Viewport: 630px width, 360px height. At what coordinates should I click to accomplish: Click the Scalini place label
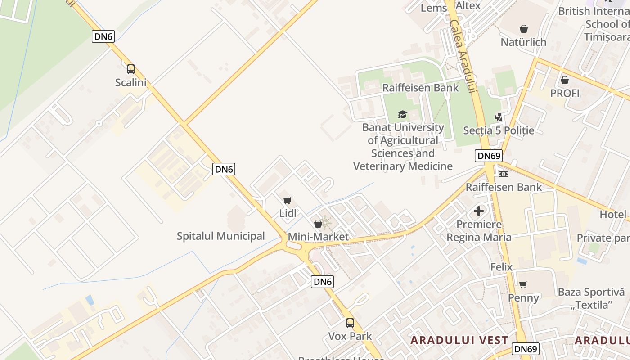tap(130, 83)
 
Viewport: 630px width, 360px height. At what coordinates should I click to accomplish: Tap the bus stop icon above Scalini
tap(130, 69)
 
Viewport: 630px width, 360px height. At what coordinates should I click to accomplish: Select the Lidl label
tap(288, 213)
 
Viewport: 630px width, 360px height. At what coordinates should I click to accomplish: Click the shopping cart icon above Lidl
tap(288, 200)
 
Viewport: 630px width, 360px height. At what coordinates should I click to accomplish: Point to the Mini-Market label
tap(318, 237)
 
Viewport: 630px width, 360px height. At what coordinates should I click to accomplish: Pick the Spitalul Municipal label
tap(220, 236)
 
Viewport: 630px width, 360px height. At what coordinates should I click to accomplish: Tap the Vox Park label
tap(350, 336)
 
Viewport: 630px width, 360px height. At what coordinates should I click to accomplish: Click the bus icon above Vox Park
tap(350, 323)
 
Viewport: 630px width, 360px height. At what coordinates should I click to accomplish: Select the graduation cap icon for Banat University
tap(402, 115)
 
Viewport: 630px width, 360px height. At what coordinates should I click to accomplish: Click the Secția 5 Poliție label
tap(499, 130)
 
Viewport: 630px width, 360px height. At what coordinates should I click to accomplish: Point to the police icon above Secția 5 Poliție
tap(498, 117)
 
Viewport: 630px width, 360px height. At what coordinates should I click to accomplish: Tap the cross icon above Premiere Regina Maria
tap(479, 211)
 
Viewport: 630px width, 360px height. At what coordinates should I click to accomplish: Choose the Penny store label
tap(523, 298)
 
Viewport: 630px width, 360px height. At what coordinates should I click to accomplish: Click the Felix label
tap(501, 267)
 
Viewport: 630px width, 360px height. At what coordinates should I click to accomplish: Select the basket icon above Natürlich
tap(524, 29)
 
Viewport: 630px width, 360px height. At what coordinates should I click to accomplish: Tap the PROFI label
tap(565, 93)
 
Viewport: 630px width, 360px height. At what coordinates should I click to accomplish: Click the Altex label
tap(468, 6)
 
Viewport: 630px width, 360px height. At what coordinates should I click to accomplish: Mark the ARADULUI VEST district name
tap(459, 340)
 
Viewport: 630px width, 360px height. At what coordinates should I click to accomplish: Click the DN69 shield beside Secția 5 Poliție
tap(488, 156)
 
